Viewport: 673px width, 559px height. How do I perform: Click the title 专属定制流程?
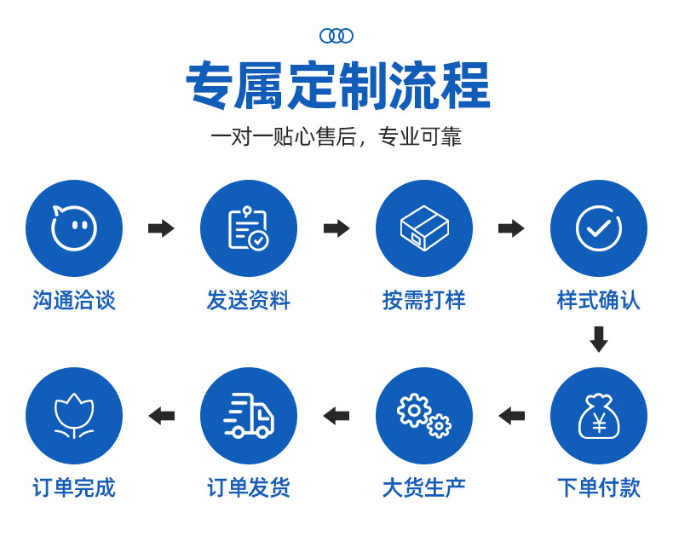(337, 86)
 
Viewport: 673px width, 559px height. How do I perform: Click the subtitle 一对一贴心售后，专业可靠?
(336, 137)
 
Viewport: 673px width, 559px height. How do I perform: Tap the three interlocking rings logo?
(336, 36)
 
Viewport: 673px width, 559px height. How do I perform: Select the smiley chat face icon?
(74, 228)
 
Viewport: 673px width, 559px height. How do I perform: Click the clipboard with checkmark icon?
(249, 228)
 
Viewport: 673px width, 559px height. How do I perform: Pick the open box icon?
(424, 228)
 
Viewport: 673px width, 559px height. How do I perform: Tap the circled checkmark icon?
(599, 228)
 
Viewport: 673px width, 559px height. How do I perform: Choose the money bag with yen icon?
(599, 416)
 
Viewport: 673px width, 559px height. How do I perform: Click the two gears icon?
(424, 416)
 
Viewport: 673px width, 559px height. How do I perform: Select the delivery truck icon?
(249, 416)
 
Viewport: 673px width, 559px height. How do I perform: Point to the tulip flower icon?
(74, 416)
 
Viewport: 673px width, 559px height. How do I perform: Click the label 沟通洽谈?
(74, 300)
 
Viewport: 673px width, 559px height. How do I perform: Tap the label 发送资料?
(249, 300)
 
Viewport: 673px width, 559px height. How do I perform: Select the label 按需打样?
(424, 300)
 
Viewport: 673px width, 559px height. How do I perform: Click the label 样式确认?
(599, 300)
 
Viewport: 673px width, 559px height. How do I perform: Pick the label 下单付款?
(599, 487)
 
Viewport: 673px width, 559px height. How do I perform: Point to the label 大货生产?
(424, 487)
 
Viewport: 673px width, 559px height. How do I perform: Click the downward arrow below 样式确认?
(599, 339)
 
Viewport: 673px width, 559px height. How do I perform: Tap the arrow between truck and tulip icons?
(161, 416)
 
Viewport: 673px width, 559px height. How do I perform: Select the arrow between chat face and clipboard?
(161, 228)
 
